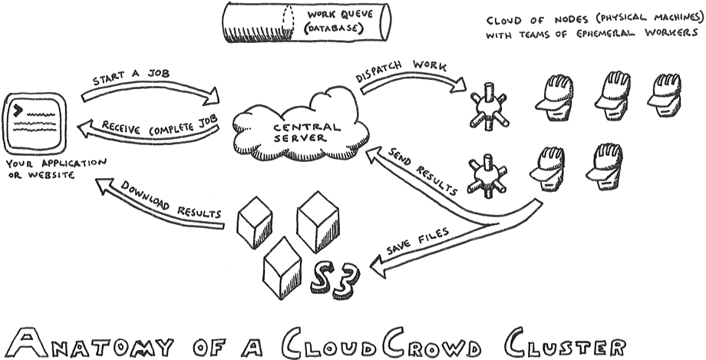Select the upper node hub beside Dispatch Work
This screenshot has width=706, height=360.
(487, 110)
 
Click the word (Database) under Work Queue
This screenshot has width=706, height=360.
(334, 30)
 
